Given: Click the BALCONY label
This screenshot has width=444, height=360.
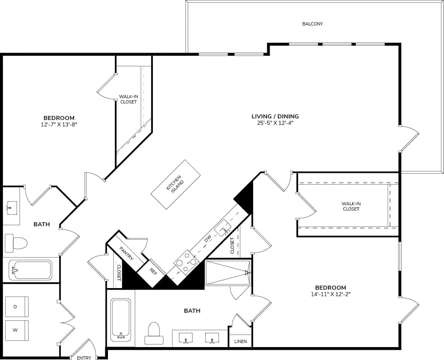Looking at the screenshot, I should pyautogui.click(x=313, y=24).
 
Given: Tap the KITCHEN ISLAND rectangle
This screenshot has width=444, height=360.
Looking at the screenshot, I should pyautogui.click(x=175, y=185).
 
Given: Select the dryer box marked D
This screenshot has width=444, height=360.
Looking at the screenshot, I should pyautogui.click(x=17, y=307).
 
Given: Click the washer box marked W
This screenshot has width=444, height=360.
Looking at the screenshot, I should pyautogui.click(x=17, y=330).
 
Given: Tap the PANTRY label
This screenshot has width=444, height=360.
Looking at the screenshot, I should pyautogui.click(x=126, y=253).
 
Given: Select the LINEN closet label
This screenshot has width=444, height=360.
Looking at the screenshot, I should pyautogui.click(x=241, y=341).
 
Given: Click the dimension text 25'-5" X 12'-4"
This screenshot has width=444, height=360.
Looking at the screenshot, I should pyautogui.click(x=275, y=123).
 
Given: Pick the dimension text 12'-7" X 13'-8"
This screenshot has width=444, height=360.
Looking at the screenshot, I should pyautogui.click(x=59, y=124).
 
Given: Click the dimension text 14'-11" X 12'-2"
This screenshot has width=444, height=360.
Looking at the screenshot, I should pyautogui.click(x=330, y=294).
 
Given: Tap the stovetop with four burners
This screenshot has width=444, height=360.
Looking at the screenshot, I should pyautogui.click(x=186, y=263).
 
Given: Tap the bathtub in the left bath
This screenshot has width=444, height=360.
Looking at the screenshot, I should pyautogui.click(x=31, y=270).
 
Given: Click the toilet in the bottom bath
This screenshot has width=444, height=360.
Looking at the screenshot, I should pyautogui.click(x=154, y=333).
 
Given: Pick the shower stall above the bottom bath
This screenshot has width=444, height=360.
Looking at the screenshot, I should pyautogui.click(x=228, y=272).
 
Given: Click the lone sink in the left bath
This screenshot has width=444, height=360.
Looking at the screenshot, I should pyautogui.click(x=11, y=208).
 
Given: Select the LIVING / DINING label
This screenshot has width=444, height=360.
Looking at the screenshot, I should pyautogui.click(x=275, y=116).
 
